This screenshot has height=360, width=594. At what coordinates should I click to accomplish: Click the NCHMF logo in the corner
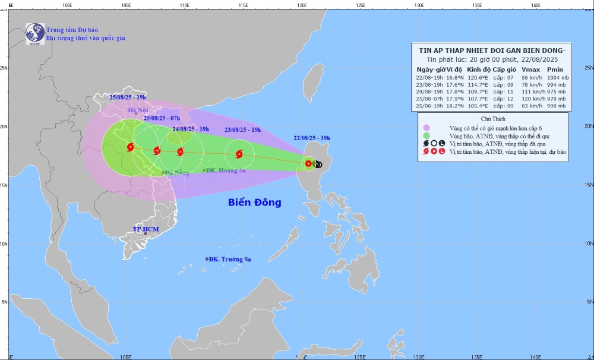[35, 33]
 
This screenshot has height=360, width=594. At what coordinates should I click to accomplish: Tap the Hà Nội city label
[138, 110]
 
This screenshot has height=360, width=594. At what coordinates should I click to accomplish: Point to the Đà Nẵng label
[177, 173]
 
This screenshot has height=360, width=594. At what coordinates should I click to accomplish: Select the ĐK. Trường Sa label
[230, 259]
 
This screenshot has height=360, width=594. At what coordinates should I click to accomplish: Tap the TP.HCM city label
[146, 229]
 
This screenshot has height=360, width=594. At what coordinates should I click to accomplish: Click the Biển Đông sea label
[254, 203]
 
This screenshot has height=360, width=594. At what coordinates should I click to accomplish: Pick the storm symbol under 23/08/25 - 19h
[239, 154]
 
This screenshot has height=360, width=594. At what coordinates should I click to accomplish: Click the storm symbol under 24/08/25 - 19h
[181, 151]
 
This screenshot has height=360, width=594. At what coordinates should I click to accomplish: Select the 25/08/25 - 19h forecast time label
[128, 97]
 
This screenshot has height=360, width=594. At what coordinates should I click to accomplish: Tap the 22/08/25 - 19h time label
[311, 138]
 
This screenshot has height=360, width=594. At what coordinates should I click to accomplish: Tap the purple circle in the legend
[426, 127]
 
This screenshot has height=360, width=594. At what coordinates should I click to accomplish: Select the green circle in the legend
[426, 135]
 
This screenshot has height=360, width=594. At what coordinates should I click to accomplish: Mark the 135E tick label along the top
[477, 5]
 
